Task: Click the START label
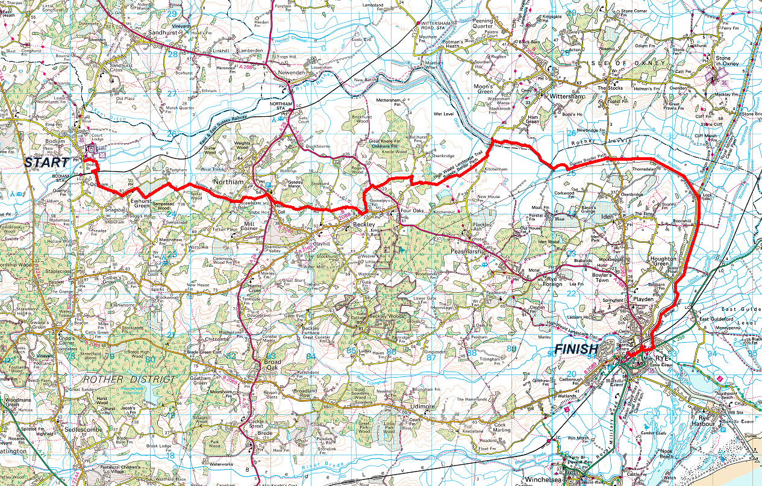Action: (47, 163)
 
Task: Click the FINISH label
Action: (576, 349)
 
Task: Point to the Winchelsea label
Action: (545, 480)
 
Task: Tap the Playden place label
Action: (642, 299)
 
